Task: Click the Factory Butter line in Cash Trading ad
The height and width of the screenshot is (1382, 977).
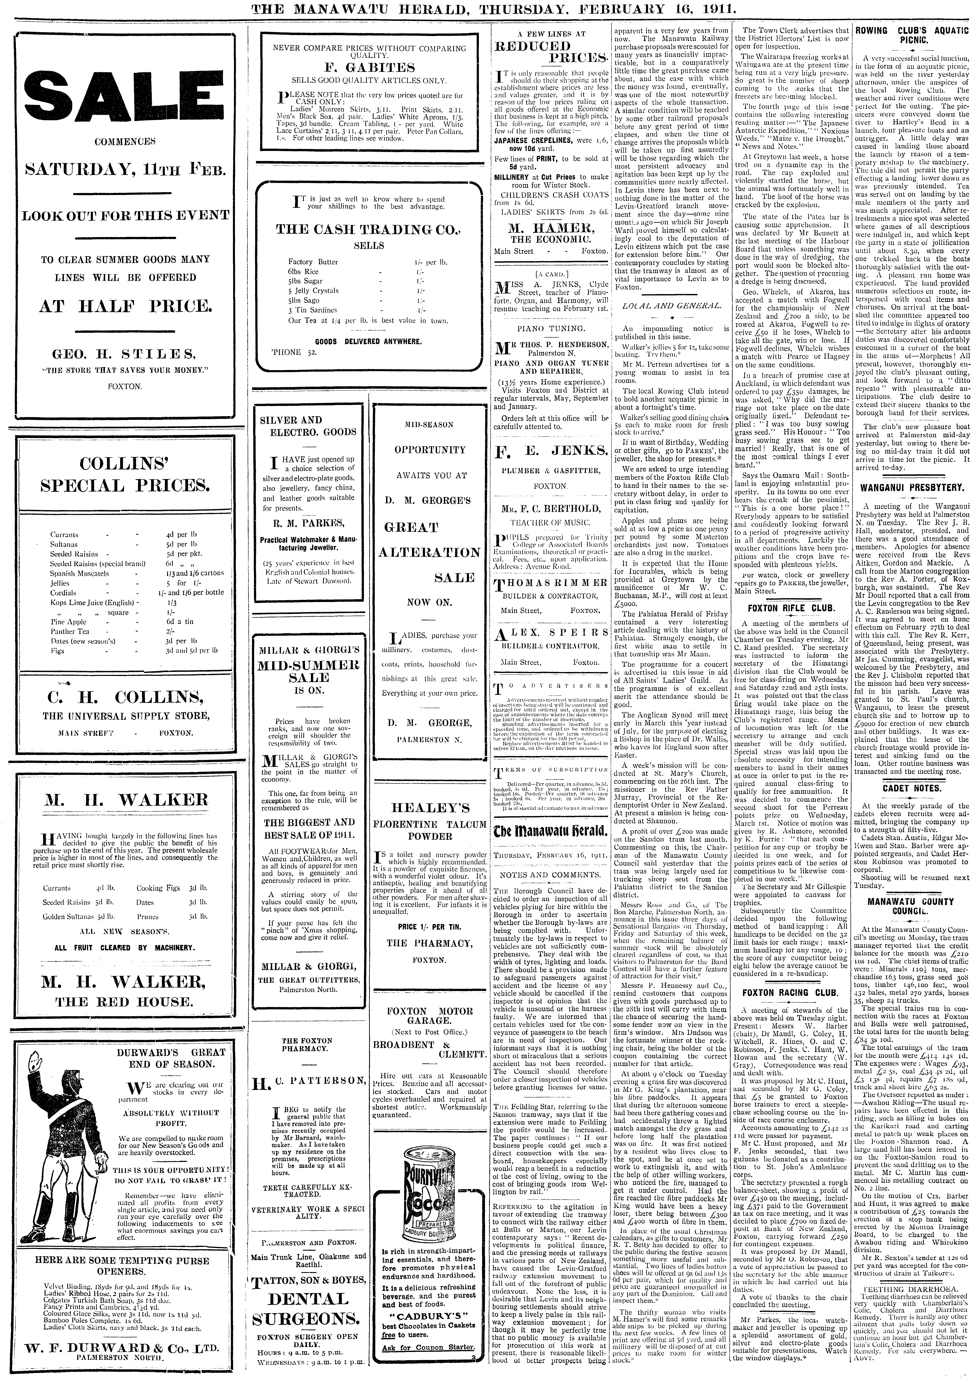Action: click(x=313, y=262)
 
